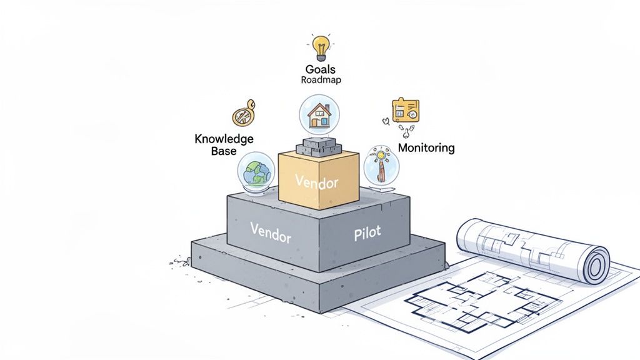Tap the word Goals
[321, 69]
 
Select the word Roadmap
[321, 80]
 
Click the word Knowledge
[224, 139]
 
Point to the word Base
[224, 151]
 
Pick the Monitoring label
[426, 148]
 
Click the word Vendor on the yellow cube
[316, 182]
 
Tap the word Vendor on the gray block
[271, 231]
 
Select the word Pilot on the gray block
[366, 234]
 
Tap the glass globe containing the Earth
[255, 171]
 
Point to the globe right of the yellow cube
[380, 165]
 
